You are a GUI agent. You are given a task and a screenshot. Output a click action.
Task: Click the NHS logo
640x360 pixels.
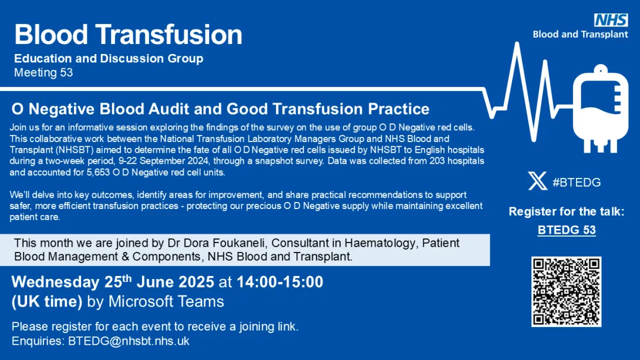pos(611,20)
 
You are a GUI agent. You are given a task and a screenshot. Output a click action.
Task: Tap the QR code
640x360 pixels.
pos(566,291)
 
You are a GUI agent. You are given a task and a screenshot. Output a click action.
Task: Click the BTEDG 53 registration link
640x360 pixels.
pos(567,230)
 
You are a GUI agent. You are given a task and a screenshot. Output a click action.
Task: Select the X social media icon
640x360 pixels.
pos(538,181)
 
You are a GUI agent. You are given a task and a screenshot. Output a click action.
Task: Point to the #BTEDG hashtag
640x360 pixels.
pos(577,183)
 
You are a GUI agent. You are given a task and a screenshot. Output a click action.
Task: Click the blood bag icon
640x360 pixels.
pos(601,109)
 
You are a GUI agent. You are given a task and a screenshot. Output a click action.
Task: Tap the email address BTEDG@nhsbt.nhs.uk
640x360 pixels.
pos(129,341)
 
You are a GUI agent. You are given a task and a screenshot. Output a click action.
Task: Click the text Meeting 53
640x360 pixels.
pos(43,73)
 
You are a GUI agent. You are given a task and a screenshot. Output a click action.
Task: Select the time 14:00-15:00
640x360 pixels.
pos(279,282)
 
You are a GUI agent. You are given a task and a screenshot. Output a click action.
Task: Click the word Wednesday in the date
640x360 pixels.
pos(56,282)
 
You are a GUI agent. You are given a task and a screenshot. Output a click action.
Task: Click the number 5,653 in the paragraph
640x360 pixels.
pos(98,173)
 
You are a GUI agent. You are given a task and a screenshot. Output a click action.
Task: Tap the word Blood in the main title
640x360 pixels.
pos(51,34)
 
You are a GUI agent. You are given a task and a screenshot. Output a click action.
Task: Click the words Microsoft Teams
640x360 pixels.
pos(166,302)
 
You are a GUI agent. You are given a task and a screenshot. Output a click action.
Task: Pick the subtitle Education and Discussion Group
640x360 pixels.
pos(109,58)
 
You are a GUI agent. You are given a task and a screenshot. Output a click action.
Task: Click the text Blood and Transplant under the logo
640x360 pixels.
pos(580,35)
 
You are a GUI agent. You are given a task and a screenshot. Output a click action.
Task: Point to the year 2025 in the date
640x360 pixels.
pos(196,282)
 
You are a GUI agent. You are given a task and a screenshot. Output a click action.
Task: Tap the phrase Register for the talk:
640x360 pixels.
pos(567,211)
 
